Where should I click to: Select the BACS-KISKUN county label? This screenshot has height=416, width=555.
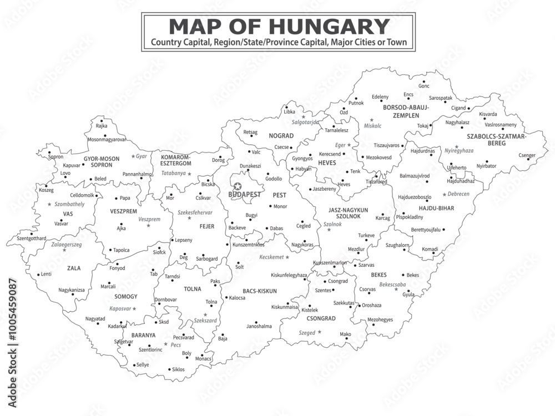260,291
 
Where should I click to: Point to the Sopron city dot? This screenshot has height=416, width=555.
49,152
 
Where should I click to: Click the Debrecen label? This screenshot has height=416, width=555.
458,194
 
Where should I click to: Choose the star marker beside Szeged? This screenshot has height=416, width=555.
319,332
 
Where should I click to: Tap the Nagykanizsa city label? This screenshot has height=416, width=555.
72,290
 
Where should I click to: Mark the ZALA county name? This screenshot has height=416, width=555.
74,268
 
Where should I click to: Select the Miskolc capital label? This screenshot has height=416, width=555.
374,126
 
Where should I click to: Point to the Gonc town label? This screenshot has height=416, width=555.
424,86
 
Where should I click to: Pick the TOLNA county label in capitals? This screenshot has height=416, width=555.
193,289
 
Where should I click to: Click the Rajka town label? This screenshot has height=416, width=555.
102,126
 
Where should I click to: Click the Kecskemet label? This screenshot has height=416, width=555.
271,257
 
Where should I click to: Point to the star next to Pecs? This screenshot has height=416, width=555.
165,344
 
